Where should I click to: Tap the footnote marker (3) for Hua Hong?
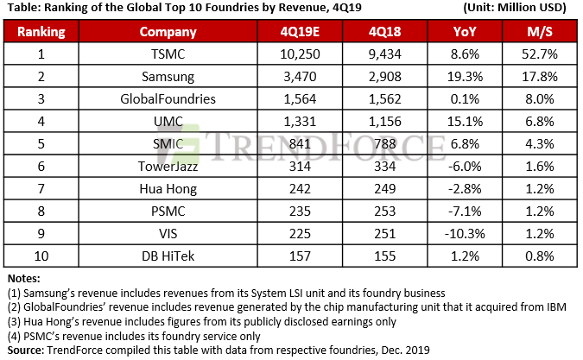pyautogui.click(x=16, y=320)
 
